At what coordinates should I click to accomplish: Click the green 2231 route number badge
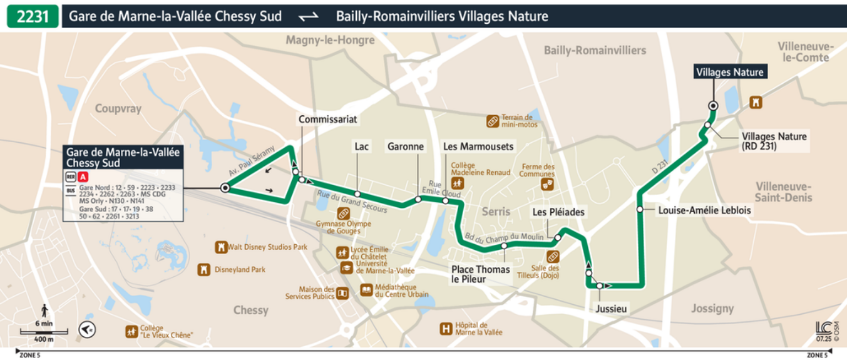(33, 17)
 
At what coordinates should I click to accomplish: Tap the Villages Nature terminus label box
(730, 72)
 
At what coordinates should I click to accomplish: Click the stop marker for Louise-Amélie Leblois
(640, 209)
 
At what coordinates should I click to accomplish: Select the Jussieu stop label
(611, 309)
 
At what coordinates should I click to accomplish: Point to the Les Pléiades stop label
(558, 212)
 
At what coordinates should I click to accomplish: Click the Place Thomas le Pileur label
(481, 274)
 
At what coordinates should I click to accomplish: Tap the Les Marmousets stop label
(479, 146)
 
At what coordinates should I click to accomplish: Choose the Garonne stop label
(406, 146)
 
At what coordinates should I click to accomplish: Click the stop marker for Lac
(357, 194)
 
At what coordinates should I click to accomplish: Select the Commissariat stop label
(328, 119)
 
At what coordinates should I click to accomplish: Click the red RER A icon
(83, 178)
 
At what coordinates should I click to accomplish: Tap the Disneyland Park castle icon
(204, 270)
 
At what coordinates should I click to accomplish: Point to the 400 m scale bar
(44, 332)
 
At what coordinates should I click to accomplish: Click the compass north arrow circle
(88, 330)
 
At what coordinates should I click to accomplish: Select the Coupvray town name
(118, 109)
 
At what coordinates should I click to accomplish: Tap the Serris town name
(496, 211)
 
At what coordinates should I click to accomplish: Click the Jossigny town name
(712, 308)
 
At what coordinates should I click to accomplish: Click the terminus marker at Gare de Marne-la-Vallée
(225, 189)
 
